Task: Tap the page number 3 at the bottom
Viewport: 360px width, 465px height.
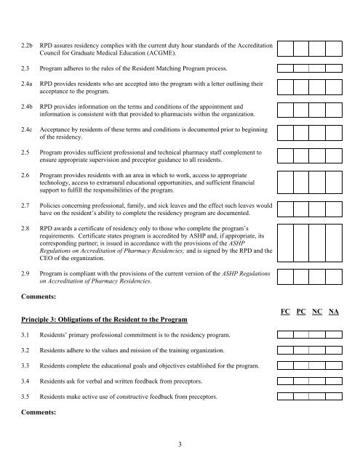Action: pyautogui.click(x=180, y=444)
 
